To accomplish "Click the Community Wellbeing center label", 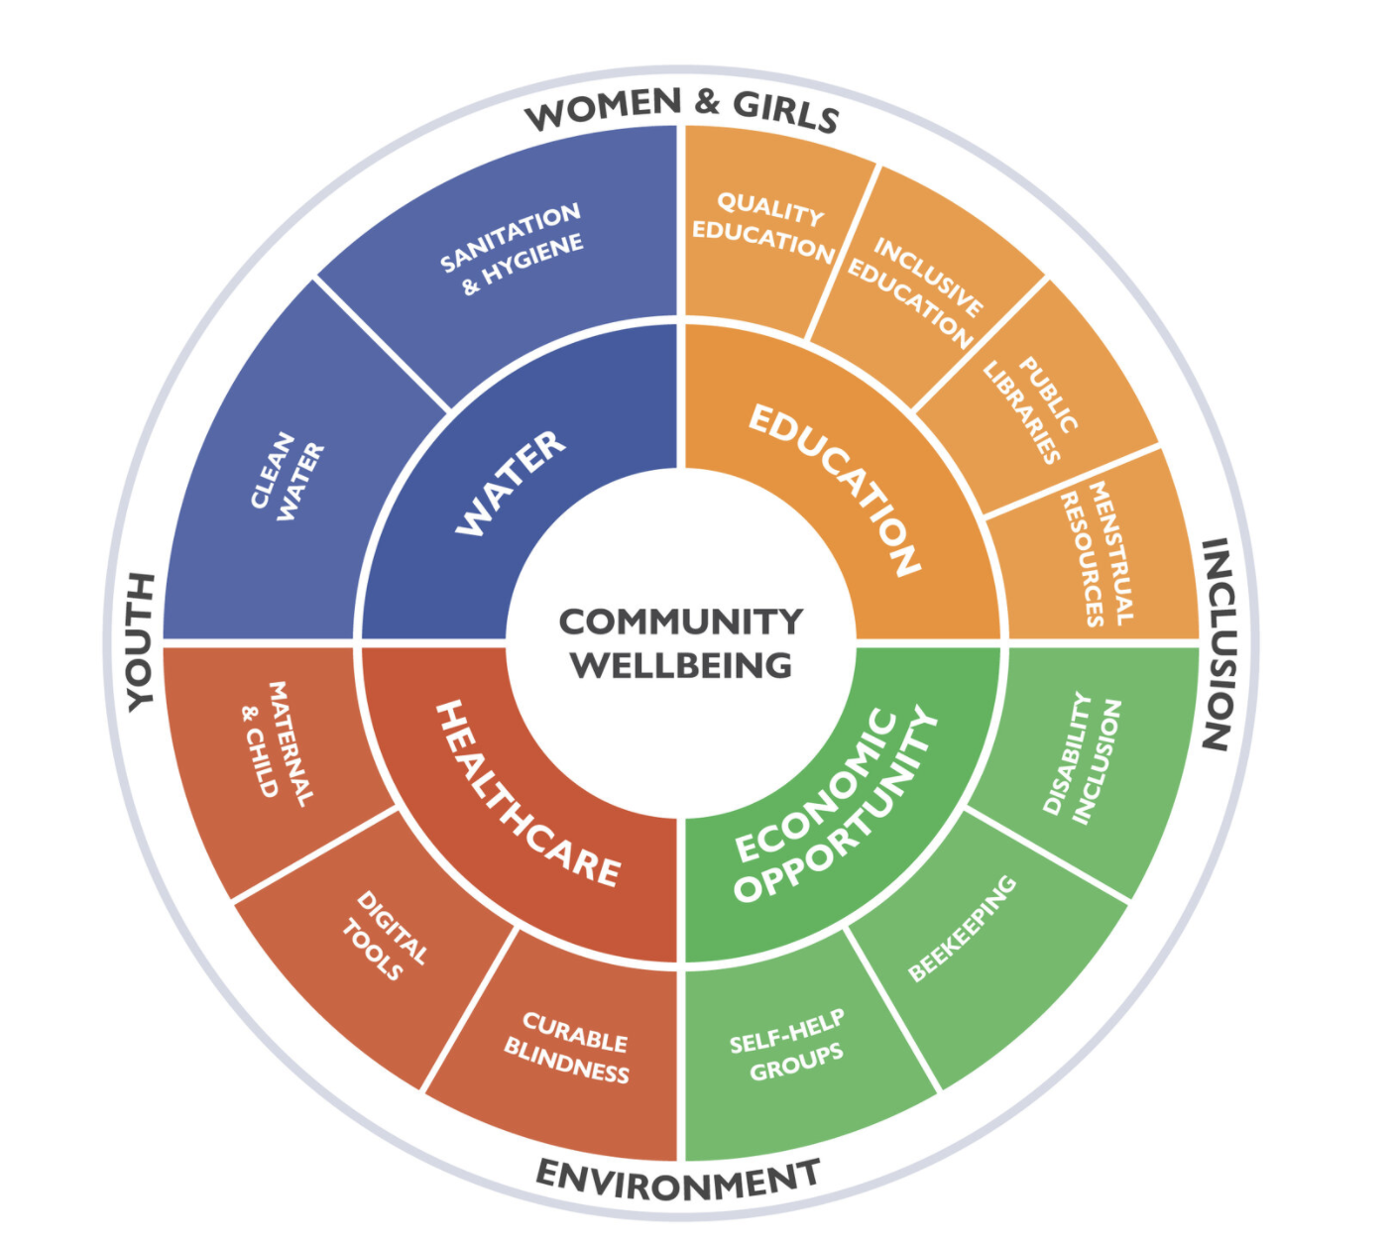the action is coord(680,643).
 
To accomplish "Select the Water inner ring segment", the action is coord(511,483).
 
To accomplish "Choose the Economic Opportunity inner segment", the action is coord(835,805).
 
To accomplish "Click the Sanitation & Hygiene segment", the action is coord(512,250).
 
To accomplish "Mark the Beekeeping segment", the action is coord(963,930).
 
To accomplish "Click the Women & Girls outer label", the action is coord(682,109).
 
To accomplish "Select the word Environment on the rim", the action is coord(678,1179).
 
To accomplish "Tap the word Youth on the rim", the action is coord(142,640).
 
